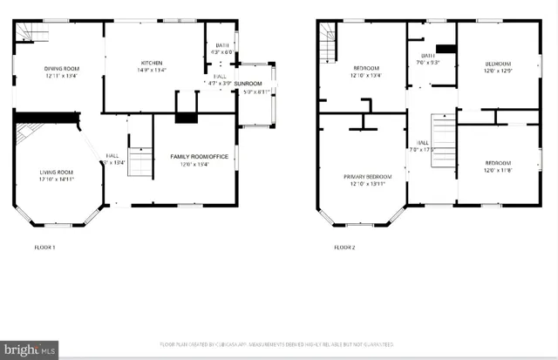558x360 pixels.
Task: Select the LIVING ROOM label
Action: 56,173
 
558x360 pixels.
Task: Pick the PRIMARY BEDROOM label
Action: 362,176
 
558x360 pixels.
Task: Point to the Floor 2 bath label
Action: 428,56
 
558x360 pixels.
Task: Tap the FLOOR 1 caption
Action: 44,248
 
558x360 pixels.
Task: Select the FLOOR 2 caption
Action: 345,248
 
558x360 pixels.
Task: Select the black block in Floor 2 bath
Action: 446,49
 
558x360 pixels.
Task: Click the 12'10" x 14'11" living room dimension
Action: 56,180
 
